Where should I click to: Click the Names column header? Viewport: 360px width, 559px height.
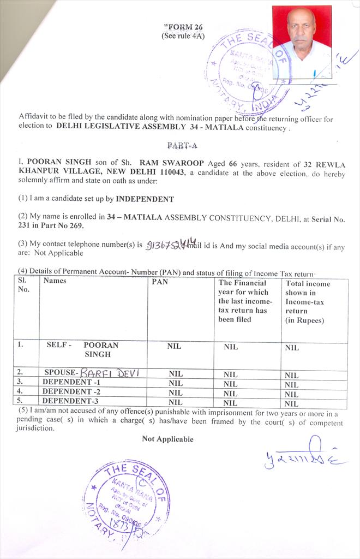coord(55,281)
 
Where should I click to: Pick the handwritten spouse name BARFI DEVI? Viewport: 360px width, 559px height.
coord(110,373)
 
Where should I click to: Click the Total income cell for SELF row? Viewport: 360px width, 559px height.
coord(292,347)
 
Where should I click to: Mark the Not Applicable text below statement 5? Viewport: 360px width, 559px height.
coord(167,439)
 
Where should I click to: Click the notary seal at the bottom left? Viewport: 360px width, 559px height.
coord(126,501)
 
